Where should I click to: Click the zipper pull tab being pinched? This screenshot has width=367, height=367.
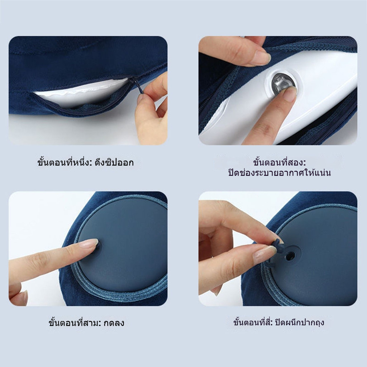tap(139, 87)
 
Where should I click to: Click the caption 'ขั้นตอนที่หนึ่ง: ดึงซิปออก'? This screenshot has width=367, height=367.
tap(85, 162)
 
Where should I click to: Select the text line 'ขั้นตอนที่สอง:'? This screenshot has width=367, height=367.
tap(279, 162)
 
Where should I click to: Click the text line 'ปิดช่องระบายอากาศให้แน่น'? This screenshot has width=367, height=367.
tap(280, 173)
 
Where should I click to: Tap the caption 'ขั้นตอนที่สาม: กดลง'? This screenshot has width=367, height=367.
tap(86, 323)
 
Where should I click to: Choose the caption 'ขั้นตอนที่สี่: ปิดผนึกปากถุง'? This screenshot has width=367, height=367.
tap(278, 322)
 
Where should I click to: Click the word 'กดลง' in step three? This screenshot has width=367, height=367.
tap(114, 323)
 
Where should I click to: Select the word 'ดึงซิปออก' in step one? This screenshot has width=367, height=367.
tap(114, 162)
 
